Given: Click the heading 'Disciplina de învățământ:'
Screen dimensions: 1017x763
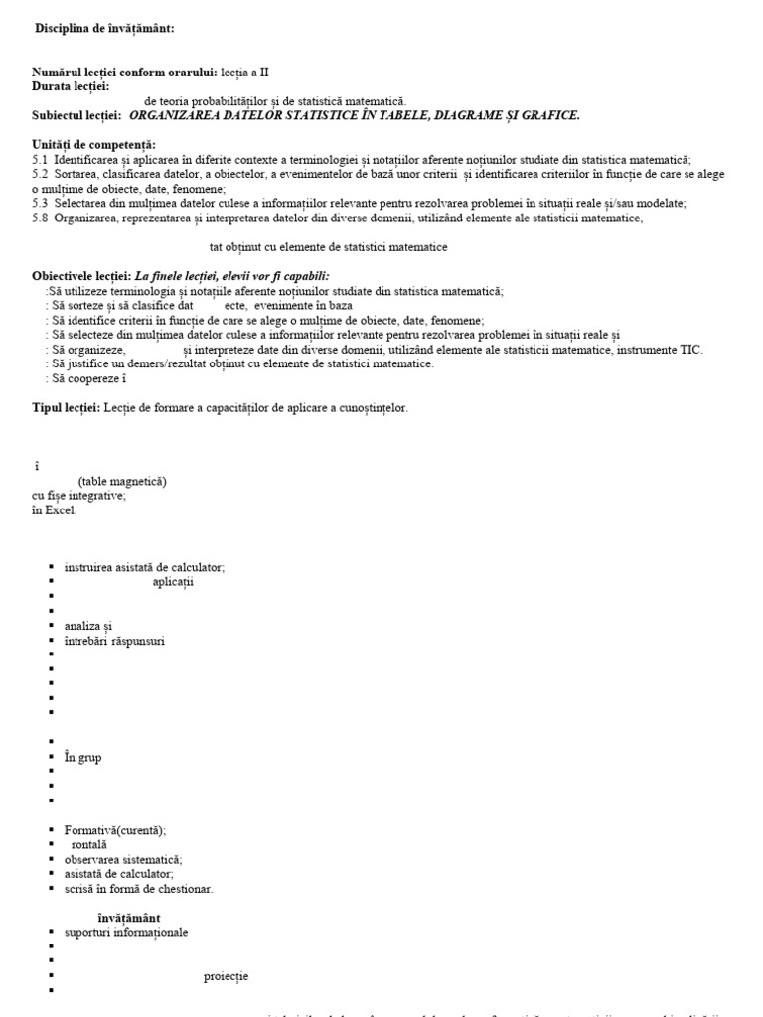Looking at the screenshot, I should click(x=104, y=29).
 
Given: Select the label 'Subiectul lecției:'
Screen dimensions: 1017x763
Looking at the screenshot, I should click(x=76, y=115).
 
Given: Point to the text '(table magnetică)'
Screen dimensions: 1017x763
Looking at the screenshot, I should click(x=122, y=481).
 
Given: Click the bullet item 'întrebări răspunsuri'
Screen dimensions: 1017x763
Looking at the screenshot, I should click(x=114, y=641).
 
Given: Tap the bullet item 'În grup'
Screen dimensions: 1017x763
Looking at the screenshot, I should click(x=82, y=757).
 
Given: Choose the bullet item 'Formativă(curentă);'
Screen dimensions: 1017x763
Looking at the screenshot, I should click(x=115, y=830).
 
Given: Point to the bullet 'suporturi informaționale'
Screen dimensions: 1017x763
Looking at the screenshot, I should click(x=125, y=932).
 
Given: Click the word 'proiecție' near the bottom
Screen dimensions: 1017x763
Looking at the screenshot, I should click(x=226, y=976).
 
